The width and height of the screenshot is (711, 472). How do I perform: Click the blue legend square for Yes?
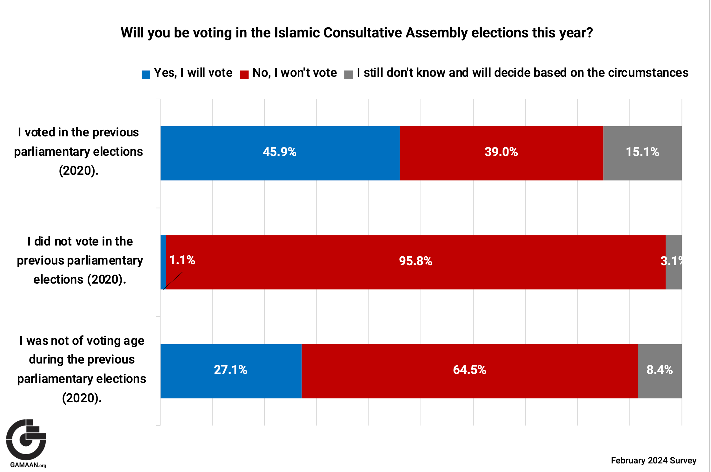146,75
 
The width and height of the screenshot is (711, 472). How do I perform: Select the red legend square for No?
244,75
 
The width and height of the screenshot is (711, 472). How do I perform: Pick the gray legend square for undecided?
349,75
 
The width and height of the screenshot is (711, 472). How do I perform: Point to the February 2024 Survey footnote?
653,460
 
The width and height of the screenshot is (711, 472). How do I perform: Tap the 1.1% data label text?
182,260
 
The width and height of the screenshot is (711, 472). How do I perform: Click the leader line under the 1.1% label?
173,280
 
